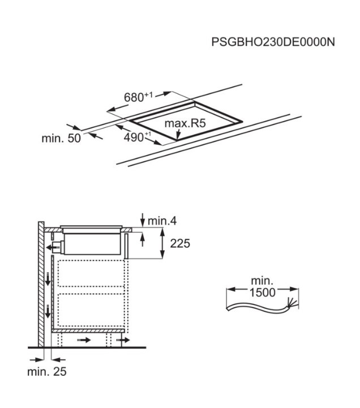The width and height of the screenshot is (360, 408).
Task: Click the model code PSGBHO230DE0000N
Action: click(273, 42)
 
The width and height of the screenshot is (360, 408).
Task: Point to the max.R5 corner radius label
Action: click(185, 123)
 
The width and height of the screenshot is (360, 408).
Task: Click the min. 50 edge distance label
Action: click(61, 138)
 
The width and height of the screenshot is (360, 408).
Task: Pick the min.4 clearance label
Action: click(162, 221)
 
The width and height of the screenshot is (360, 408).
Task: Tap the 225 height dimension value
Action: click(180, 243)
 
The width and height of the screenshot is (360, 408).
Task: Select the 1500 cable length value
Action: click(263, 293)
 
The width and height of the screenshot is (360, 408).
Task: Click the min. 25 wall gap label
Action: click(47, 372)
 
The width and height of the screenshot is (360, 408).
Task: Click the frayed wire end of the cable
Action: click(292, 303)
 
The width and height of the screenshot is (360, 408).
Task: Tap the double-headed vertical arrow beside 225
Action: click(162, 243)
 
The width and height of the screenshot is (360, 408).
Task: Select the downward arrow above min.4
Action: click(143, 220)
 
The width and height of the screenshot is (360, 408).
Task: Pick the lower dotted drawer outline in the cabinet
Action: click(91, 310)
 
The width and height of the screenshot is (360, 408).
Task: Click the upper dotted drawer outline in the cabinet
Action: click(91, 273)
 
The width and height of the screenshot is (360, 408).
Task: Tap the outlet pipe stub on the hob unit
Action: click(58, 247)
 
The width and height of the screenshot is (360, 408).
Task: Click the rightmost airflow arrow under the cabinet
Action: click(123, 340)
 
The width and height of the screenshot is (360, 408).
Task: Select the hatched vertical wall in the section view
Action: click(41, 284)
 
